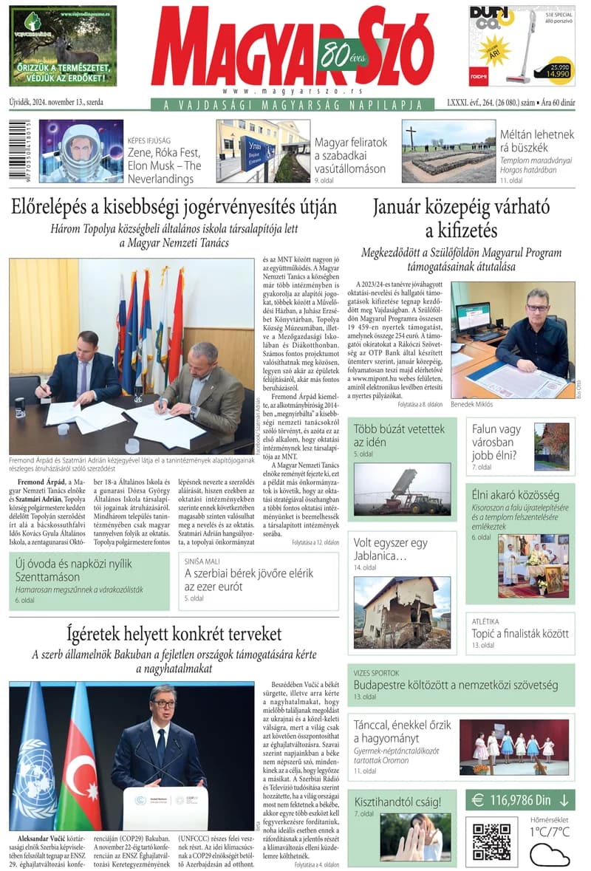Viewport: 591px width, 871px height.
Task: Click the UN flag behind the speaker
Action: [x=33, y=754]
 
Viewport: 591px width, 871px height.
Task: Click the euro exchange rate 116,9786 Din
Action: [x=520, y=799]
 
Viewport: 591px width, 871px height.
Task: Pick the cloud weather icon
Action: [x=550, y=854]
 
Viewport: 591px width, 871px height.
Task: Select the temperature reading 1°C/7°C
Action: [x=550, y=832]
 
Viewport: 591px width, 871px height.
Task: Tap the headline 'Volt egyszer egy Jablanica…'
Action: [x=390, y=549]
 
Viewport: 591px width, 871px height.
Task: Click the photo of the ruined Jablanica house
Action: [x=402, y=612]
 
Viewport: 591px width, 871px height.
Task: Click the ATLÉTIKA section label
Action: [x=486, y=621]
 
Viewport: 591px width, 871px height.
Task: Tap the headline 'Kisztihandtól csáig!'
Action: [x=397, y=801]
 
